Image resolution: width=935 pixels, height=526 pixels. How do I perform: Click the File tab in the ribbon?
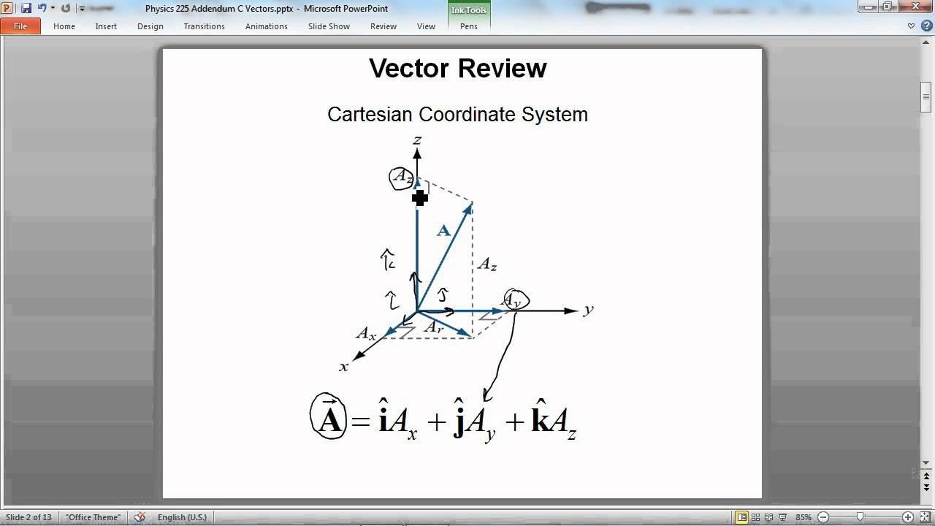click(x=20, y=26)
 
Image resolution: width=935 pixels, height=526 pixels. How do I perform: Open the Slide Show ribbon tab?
click(x=329, y=26)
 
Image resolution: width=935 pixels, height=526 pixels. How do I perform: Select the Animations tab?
click(x=266, y=26)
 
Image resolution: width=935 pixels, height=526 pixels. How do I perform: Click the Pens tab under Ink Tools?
click(x=469, y=26)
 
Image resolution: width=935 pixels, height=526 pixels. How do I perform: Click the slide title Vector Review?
click(x=457, y=68)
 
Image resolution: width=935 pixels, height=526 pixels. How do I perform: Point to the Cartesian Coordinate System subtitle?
click(x=457, y=115)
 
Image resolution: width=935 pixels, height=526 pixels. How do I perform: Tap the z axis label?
click(x=417, y=140)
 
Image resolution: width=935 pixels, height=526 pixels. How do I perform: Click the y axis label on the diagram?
click(x=588, y=310)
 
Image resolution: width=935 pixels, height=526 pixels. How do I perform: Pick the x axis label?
click(x=343, y=366)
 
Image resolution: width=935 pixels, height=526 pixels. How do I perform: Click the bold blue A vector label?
click(x=443, y=231)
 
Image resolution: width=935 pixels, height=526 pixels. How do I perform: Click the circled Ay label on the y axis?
click(x=514, y=300)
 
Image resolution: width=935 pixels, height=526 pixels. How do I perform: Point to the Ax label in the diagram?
click(x=366, y=334)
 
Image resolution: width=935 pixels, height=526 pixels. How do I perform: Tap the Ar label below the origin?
click(x=434, y=328)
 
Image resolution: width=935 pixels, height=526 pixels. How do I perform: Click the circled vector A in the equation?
click(x=329, y=416)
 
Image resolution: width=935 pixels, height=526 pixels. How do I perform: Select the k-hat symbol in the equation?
click(x=540, y=418)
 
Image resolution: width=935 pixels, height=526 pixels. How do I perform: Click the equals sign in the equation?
click(x=361, y=422)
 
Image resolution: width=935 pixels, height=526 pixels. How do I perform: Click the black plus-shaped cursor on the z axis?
click(x=419, y=197)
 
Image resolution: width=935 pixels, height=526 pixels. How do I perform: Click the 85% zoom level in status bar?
click(x=804, y=517)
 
